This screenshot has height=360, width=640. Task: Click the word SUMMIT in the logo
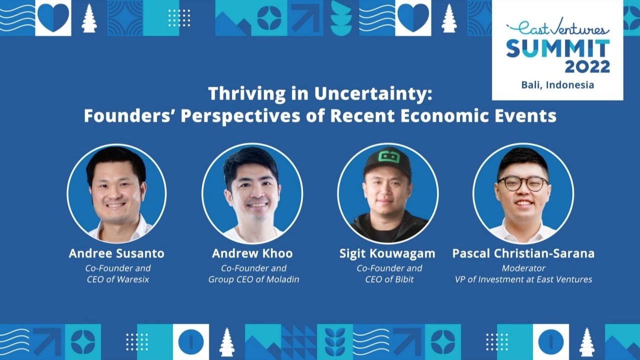557,48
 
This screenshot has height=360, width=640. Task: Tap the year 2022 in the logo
587,66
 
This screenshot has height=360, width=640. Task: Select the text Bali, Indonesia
557,84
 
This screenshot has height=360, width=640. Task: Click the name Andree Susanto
116,253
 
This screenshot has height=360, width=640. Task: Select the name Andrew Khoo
252,253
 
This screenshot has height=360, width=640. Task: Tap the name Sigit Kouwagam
387,253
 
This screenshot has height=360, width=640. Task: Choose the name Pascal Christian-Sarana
523,253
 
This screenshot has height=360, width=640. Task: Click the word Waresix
132,279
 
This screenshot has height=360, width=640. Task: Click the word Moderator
523,268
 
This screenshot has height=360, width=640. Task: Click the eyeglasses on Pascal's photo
522,183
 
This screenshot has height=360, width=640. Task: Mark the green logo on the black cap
387,156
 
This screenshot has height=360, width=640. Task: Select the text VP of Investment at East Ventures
523,279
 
